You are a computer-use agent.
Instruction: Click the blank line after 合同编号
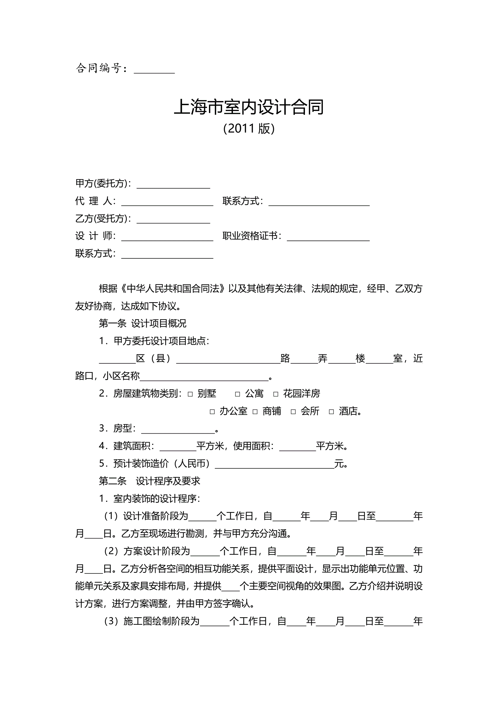[x=154, y=70]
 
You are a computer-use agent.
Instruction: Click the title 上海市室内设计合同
[x=249, y=107]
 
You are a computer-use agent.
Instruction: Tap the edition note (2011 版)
[x=249, y=128]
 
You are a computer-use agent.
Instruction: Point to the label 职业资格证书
[x=251, y=236]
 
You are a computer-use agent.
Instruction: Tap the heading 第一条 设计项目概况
[x=142, y=323]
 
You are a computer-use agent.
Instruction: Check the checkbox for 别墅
[x=190, y=394]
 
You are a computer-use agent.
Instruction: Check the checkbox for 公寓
[x=237, y=394]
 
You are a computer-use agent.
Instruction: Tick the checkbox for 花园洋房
[x=276, y=394]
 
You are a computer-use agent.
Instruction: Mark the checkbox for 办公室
[x=212, y=412]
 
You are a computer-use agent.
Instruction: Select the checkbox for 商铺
[x=255, y=412]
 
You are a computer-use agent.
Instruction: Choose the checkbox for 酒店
[x=331, y=412]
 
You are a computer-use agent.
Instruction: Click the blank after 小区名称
[x=204, y=377]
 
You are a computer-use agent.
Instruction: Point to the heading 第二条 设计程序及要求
[x=149, y=481]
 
